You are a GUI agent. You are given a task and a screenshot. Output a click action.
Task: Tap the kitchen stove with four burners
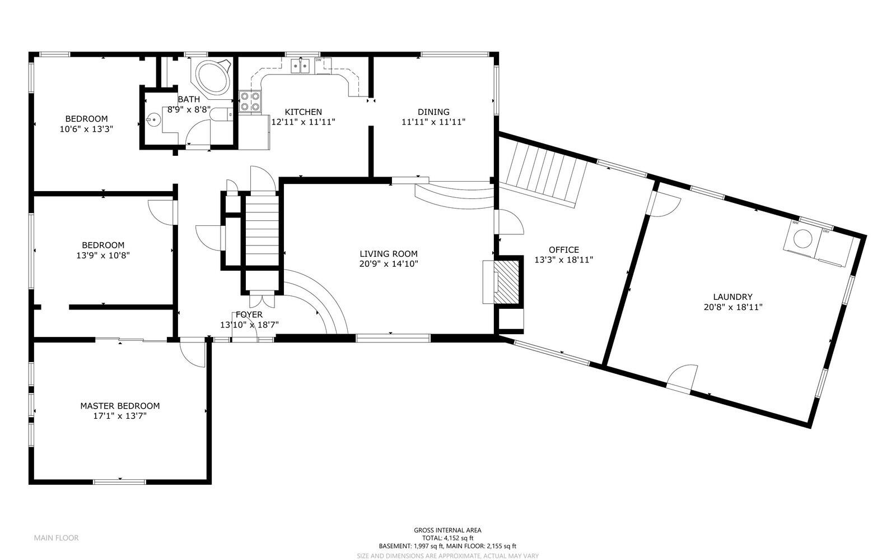(x=250, y=101)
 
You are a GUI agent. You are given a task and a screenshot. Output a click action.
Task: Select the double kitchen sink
(x=301, y=66)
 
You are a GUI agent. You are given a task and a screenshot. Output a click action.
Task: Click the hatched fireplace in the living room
(x=506, y=282)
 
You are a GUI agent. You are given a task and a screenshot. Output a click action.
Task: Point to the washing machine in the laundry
(x=802, y=239)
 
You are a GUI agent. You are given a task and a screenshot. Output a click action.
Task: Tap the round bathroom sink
(x=153, y=119)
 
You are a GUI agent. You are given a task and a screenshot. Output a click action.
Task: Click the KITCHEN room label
(x=303, y=112)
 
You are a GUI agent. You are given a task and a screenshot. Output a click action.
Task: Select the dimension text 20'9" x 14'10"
(x=389, y=264)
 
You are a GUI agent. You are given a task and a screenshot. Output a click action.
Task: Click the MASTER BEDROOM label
(x=120, y=406)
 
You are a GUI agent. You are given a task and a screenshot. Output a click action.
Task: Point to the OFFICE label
(x=564, y=250)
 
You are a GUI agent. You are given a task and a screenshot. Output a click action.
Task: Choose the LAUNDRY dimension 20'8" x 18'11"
(x=733, y=307)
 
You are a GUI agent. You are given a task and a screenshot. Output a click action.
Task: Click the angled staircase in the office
(x=543, y=174)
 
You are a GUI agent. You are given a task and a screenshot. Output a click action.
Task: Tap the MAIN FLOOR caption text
(x=57, y=538)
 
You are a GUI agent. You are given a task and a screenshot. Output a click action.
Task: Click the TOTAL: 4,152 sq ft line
(x=447, y=538)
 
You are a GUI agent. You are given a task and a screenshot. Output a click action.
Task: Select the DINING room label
(x=433, y=112)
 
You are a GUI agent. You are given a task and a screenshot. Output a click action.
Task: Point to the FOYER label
(x=249, y=314)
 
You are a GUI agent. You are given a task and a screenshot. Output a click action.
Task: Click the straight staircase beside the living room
(x=262, y=230)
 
